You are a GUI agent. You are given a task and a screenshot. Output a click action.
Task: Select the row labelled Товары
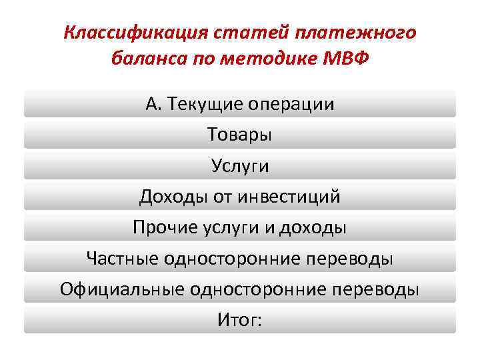pos(240,135)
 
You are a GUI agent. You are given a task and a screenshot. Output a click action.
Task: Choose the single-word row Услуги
pos(240,166)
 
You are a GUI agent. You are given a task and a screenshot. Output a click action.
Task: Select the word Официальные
pos(121,289)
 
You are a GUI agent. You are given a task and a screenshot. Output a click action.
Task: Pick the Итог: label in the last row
pos(240,320)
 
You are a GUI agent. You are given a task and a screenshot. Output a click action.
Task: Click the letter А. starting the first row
pos(153,105)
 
